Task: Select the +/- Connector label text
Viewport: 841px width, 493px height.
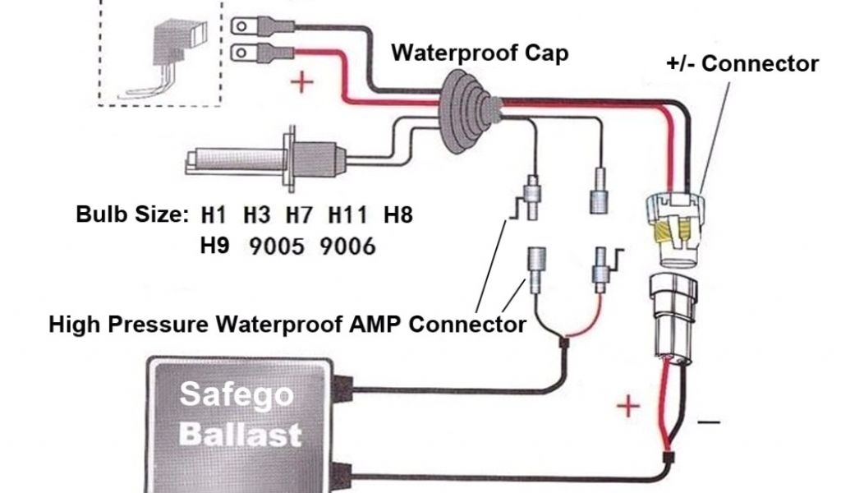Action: [x=742, y=64]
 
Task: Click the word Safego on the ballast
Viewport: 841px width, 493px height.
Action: [x=237, y=395]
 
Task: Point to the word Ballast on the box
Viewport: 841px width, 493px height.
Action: [x=240, y=433]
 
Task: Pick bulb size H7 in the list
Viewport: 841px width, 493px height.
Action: [x=300, y=216]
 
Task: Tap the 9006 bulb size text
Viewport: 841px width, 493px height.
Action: [x=348, y=246]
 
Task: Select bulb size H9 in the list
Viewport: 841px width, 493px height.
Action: [x=214, y=246]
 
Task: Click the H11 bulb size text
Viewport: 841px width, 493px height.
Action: [x=347, y=216]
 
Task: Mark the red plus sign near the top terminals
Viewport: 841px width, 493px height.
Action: [x=303, y=82]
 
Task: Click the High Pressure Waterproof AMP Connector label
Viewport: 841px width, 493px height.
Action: [x=287, y=324]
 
